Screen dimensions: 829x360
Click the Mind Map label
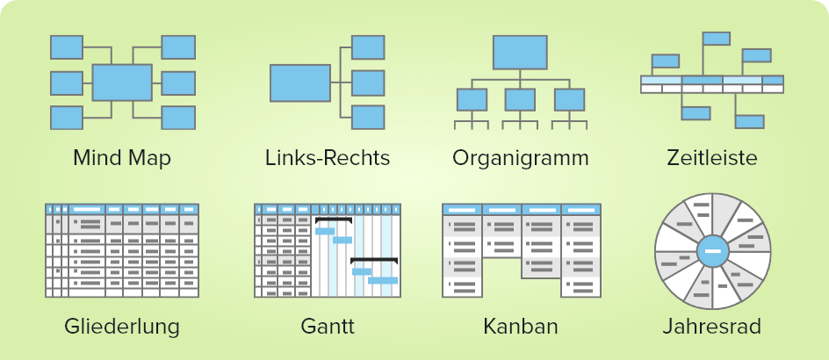122,158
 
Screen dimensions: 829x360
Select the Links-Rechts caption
328,158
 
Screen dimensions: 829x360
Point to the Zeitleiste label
712,158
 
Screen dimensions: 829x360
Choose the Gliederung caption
122,327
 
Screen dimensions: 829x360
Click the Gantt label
328,327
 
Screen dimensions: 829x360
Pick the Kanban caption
521,327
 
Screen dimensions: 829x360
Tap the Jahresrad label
712,327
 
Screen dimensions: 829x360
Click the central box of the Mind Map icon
122,83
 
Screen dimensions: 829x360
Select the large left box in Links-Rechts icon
300,83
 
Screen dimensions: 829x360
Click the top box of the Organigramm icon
520,53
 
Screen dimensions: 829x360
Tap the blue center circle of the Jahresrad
713,251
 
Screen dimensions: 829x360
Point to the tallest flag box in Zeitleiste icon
717,39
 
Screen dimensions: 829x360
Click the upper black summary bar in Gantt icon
334,220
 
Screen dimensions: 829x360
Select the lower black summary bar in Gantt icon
374,260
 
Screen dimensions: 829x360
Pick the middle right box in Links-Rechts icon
368,83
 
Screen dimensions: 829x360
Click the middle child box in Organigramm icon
520,100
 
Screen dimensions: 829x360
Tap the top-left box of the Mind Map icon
67,47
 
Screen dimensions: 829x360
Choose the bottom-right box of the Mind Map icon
178,118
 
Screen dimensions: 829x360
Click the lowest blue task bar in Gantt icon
383,280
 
